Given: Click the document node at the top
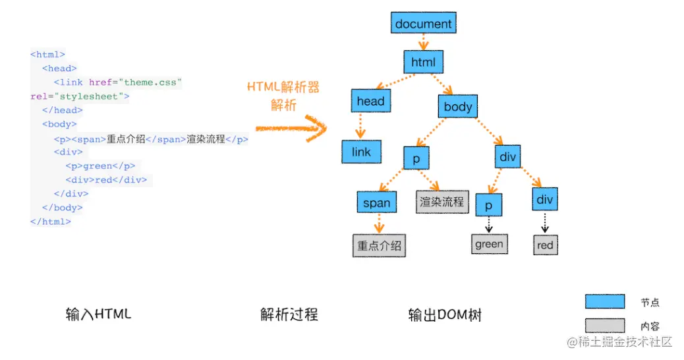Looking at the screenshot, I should (x=423, y=24).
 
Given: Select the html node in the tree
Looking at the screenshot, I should (x=423, y=62).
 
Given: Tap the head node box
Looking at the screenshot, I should (x=370, y=101).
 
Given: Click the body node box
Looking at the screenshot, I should (x=458, y=106).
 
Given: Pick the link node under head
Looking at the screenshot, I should (x=361, y=152).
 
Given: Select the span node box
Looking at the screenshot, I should (x=376, y=203).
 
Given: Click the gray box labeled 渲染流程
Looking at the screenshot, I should (x=442, y=202).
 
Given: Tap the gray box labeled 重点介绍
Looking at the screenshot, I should (x=379, y=246).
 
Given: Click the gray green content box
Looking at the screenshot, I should (x=489, y=244).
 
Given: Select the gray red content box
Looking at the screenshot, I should (x=545, y=245).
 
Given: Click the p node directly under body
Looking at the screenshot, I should (x=416, y=159).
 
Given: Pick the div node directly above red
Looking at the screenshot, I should (x=545, y=198).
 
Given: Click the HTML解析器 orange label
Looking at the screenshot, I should (x=283, y=87).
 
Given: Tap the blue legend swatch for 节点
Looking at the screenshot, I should (x=604, y=302).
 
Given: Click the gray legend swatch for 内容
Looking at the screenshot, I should (x=604, y=325).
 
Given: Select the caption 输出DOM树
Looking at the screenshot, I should (x=445, y=315).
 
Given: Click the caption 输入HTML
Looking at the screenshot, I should (x=98, y=314).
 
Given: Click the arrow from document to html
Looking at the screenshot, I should (x=423, y=43).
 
